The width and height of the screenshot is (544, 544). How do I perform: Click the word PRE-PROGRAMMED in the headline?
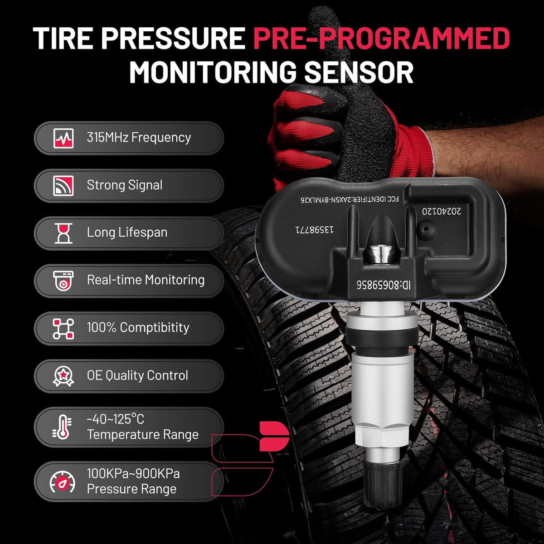[x=381, y=38]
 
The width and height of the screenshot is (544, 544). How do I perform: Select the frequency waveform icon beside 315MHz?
[x=63, y=138]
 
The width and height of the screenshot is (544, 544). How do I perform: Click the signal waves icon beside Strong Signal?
[x=63, y=185]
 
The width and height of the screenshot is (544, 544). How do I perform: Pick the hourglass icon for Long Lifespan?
[x=63, y=233]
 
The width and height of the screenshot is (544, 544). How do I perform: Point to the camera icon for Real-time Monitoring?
[x=63, y=281]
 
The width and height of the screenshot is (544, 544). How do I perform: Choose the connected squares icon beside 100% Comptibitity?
[x=63, y=329]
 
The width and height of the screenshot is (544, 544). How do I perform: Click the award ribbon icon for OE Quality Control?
[x=63, y=376]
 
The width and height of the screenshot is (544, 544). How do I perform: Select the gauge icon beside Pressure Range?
[x=63, y=482]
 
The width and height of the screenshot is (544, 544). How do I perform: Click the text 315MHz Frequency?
[x=139, y=138]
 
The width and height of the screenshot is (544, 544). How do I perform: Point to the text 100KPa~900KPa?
[x=133, y=474]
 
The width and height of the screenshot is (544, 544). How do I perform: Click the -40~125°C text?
[x=116, y=419]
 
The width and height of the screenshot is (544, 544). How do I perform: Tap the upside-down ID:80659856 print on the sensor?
[x=384, y=285]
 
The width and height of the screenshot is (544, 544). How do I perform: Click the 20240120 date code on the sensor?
[x=442, y=211]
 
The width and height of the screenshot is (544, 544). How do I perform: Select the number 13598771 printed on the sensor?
[x=314, y=230]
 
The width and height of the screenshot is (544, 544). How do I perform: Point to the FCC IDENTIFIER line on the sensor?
[x=350, y=199]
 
